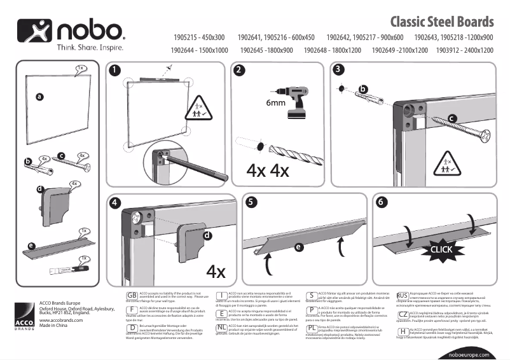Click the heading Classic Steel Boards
pos(441,23)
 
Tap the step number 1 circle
pos(113,71)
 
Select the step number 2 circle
pos(240,71)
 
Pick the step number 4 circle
pos(114,204)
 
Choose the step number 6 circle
pos(381,204)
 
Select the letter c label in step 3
pos(451,118)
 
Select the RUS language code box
pos(402,296)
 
